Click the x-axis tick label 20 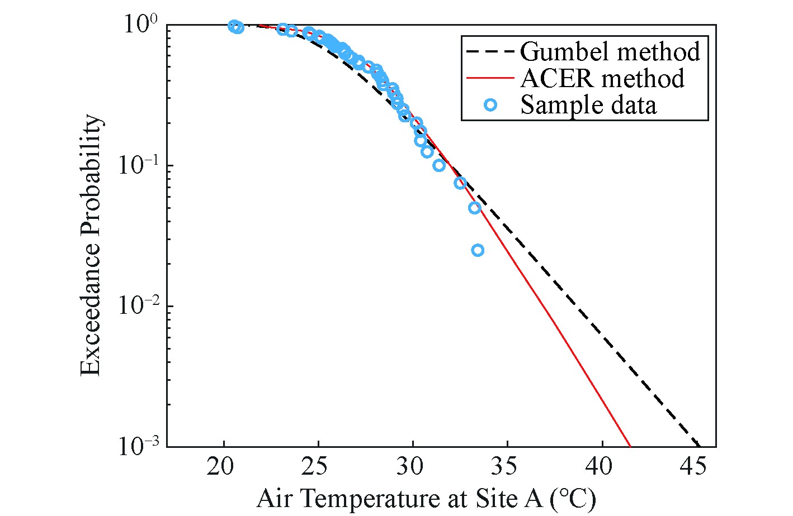pos(224,466)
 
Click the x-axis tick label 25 pos(318,466)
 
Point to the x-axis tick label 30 pos(413,466)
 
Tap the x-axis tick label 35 pos(507,466)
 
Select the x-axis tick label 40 pos(602,466)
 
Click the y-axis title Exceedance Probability pos(91,246)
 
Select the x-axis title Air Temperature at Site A pos(426,498)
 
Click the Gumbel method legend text pos(610,51)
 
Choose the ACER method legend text pos(602,78)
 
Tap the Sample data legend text pos(588,105)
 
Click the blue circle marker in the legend pos(490,105)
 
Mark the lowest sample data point pos(478,250)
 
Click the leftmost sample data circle pos(234,26)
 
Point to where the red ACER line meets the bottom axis pos(630,446)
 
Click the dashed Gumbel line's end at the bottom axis pos(700,446)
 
